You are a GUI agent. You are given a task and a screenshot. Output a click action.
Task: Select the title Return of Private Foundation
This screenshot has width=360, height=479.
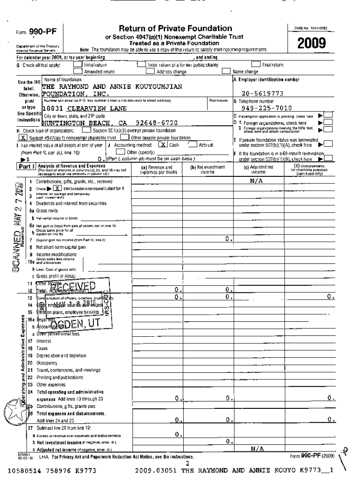point(175,29)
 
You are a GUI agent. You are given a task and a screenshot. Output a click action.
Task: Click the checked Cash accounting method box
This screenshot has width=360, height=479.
point(162,145)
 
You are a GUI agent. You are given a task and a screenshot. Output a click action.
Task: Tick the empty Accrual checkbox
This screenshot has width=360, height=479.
point(192,145)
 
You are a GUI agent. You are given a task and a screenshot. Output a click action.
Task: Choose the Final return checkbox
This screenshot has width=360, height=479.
point(256,65)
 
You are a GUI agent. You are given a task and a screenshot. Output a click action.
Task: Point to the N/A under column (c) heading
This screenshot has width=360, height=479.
point(258,180)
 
